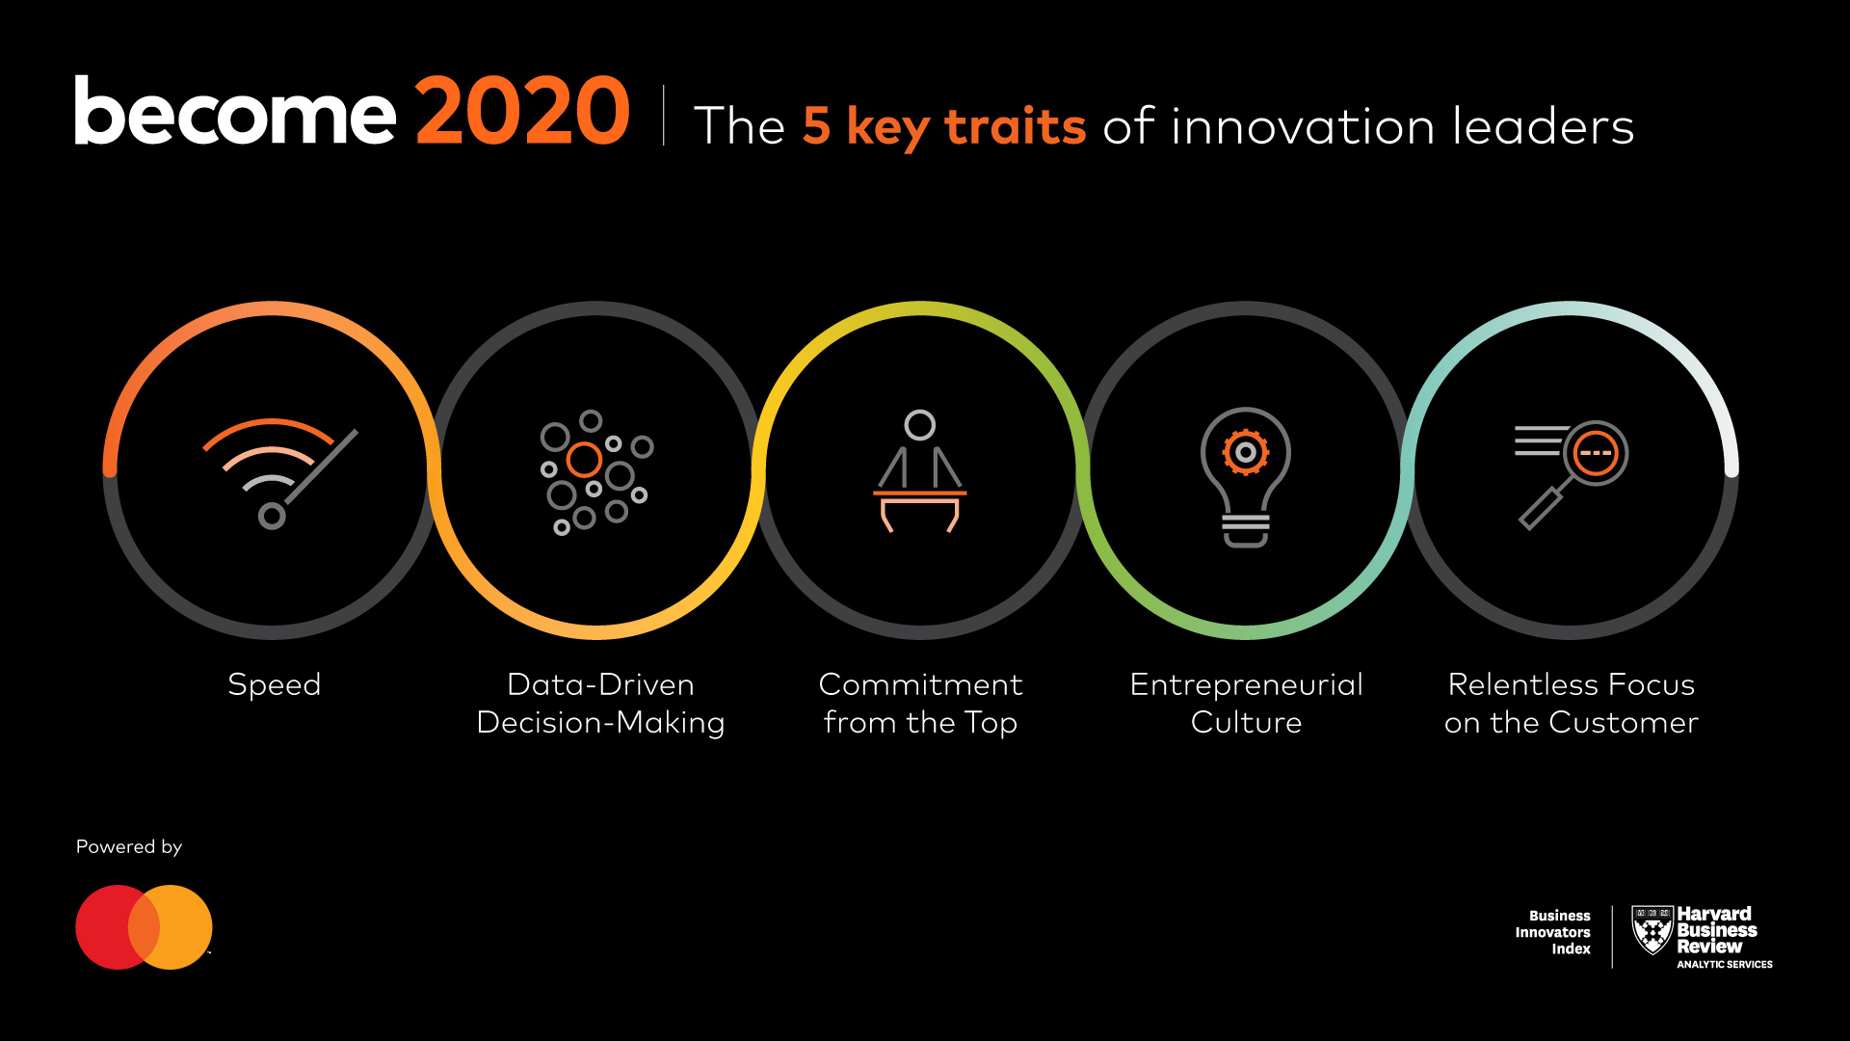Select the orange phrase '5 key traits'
[x=944, y=127]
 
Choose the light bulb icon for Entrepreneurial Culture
[x=1245, y=477]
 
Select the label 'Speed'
[x=275, y=684]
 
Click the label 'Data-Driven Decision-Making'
[x=600, y=703]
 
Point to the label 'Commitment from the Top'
[x=920, y=703]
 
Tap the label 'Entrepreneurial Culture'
[x=1246, y=703]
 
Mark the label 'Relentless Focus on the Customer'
[x=1571, y=703]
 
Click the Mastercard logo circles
[x=144, y=927]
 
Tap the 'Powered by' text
[x=129, y=846]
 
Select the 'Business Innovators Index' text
[x=1553, y=932]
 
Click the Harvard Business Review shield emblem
[x=1652, y=929]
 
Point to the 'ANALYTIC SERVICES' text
[x=1725, y=964]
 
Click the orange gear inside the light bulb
[x=1246, y=451]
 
